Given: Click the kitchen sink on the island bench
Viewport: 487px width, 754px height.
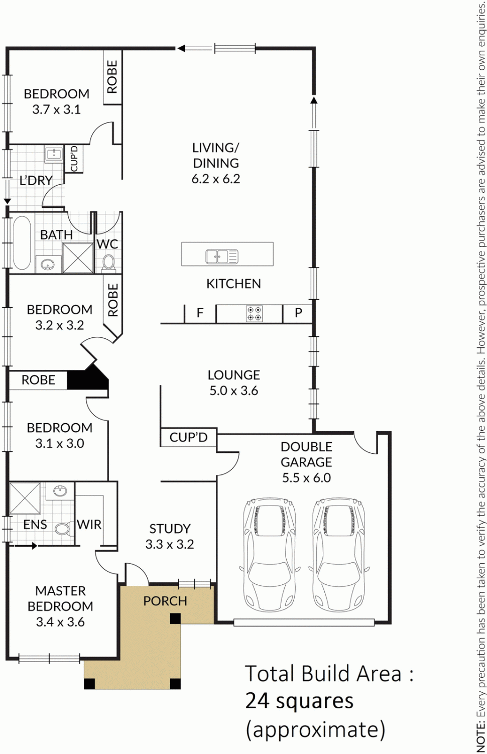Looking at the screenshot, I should pos(221,257).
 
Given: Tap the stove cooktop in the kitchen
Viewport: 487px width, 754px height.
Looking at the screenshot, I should pos(254,314).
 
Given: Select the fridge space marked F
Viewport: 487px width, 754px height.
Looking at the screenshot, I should pos(200,313).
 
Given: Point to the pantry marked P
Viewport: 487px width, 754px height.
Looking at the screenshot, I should pos(298,313).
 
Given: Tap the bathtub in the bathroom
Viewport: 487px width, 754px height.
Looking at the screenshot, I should pos(22,242).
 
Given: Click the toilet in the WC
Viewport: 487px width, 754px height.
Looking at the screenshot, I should pos(108,262).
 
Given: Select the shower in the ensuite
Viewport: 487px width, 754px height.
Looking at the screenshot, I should pos(25,498).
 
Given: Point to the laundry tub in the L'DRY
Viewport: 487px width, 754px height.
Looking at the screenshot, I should pos(54,154).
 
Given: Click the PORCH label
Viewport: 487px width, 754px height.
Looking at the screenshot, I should pos(165,601).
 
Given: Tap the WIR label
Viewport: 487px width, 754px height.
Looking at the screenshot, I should pos(89,525).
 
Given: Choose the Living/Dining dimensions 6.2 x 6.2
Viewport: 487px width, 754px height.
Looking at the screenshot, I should pos(216,179).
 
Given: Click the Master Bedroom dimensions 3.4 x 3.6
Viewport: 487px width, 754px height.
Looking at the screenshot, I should pos(60,622).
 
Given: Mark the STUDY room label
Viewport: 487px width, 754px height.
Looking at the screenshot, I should pos(170,529).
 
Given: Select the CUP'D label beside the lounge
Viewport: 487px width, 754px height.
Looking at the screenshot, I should pos(188,437).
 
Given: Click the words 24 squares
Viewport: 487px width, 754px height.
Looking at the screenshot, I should pos(299,701).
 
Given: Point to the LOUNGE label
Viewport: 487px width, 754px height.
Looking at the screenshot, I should pos(233,375).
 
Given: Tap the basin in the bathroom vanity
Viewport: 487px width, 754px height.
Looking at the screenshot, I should pos(48,264).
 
